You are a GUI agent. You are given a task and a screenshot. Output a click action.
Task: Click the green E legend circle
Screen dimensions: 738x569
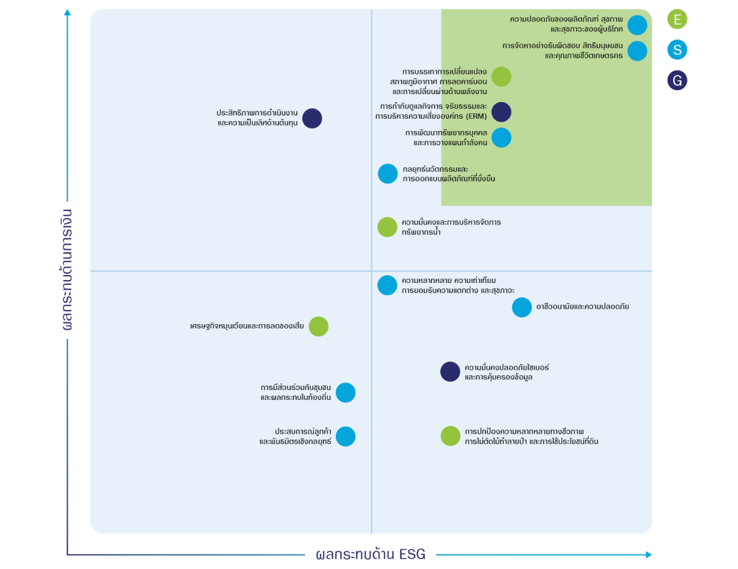click(677, 19)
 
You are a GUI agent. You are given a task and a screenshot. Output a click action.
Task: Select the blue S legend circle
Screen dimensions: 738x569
click(677, 50)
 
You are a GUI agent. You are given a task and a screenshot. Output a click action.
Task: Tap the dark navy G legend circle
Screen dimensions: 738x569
click(677, 81)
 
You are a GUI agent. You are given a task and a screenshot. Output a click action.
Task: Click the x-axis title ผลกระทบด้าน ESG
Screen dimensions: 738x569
click(370, 554)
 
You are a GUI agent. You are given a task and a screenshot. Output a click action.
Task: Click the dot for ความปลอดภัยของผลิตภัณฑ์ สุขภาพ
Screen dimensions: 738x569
click(637, 25)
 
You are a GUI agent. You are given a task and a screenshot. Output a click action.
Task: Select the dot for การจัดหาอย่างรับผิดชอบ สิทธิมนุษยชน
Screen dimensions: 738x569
click(637, 51)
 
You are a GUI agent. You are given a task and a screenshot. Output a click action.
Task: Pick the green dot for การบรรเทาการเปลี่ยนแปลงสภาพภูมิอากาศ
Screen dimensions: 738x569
click(501, 77)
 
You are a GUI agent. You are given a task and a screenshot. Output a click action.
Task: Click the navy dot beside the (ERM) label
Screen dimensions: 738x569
click(501, 112)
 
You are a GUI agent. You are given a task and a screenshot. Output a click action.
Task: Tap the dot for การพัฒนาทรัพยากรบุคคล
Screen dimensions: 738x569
click(501, 138)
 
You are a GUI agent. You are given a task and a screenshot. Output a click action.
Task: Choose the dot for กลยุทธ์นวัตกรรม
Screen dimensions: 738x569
click(387, 173)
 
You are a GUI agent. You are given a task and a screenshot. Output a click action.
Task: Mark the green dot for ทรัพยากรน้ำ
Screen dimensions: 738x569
click(387, 227)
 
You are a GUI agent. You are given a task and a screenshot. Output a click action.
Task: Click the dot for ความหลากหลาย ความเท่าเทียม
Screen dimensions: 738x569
click(387, 285)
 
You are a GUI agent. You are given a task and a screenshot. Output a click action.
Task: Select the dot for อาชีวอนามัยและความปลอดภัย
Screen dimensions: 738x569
click(522, 308)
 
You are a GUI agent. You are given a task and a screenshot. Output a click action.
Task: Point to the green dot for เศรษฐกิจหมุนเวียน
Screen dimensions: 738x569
click(319, 327)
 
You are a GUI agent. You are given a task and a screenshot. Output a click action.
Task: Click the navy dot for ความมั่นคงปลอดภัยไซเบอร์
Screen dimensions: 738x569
click(450, 372)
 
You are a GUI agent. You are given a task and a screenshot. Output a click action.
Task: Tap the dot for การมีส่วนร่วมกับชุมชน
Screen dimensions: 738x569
click(346, 392)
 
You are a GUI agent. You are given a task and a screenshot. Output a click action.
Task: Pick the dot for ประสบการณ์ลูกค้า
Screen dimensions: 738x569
click(346, 437)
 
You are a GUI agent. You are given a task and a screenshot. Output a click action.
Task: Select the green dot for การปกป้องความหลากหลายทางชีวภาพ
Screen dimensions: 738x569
click(450, 436)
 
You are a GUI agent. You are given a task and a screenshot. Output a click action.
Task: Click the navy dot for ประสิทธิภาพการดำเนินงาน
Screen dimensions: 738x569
click(312, 119)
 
